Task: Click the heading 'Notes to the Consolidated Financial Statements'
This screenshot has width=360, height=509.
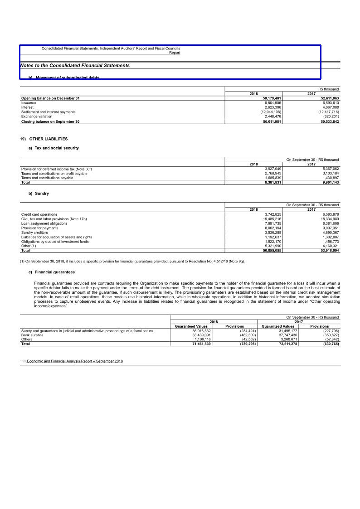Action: (x=75, y=66)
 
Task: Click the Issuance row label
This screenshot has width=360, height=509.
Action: (x=29, y=103)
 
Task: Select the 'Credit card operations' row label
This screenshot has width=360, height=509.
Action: (x=39, y=214)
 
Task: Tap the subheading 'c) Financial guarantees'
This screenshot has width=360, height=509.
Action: (x=51, y=272)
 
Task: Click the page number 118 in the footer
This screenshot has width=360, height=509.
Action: (x=23, y=361)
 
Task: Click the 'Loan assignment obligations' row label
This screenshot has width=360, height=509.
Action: (x=44, y=223)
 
